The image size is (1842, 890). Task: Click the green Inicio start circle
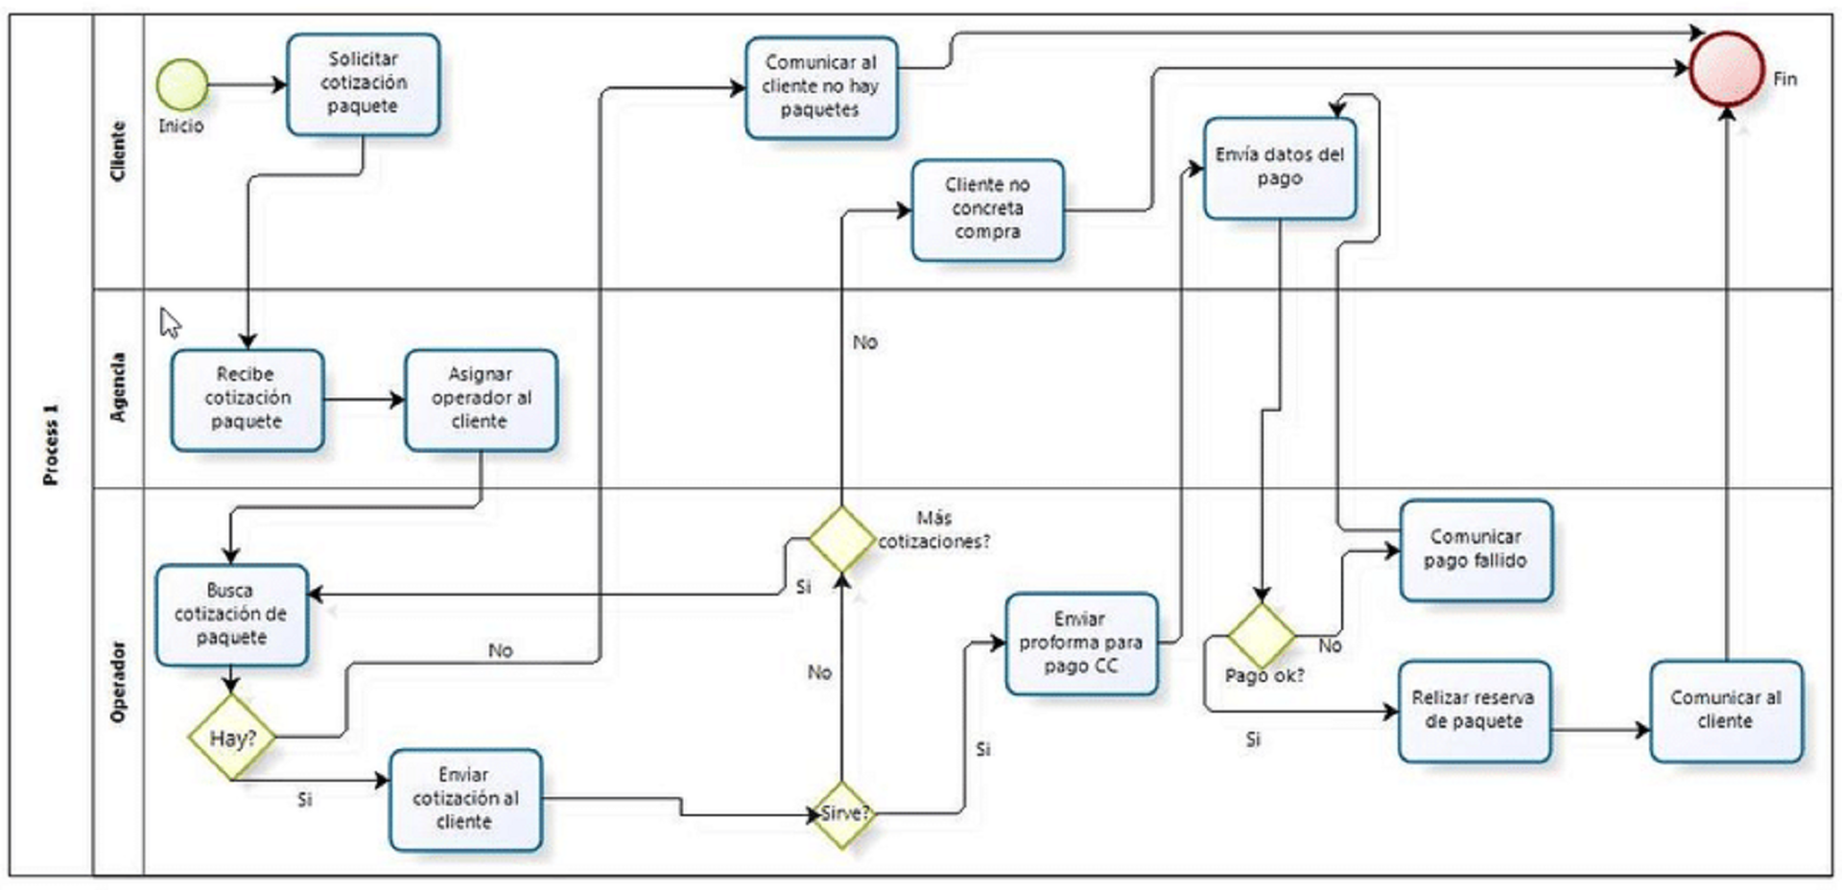182,84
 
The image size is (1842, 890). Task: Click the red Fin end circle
1726,68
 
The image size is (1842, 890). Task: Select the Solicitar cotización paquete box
363,84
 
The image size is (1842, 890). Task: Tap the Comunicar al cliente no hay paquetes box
821,87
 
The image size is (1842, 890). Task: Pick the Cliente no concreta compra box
987,209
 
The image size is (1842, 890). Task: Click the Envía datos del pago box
1280,168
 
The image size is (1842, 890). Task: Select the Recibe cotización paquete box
248,399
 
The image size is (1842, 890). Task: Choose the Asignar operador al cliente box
481,399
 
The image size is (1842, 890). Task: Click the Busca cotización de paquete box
231,614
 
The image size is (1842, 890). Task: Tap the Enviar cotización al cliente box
465,799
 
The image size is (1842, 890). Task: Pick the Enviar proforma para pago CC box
1081,643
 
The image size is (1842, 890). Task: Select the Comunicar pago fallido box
1476,550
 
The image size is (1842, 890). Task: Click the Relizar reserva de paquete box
1474,711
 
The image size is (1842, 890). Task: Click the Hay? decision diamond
231,738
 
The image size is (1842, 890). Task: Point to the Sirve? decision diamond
841,813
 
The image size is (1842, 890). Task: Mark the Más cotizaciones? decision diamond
841,540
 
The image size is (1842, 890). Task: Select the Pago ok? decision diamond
1262,635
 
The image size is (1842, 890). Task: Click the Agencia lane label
118,387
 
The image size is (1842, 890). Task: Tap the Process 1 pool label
51,444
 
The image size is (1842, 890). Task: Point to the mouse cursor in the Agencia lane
170,322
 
